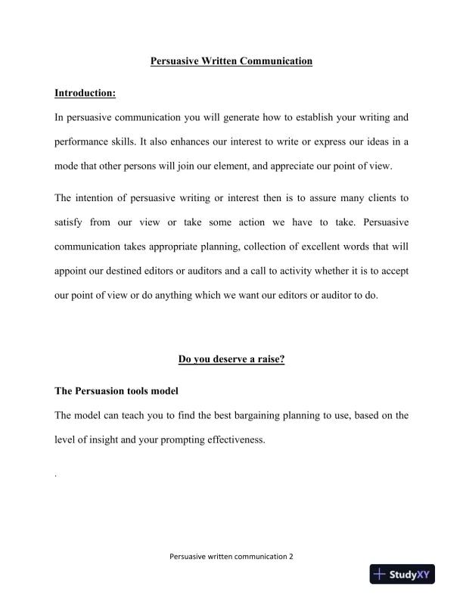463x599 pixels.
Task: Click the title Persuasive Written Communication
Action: (231, 61)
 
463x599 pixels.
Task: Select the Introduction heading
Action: (85, 93)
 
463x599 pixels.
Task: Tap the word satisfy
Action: (71, 222)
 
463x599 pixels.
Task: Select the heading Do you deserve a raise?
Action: (231, 359)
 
